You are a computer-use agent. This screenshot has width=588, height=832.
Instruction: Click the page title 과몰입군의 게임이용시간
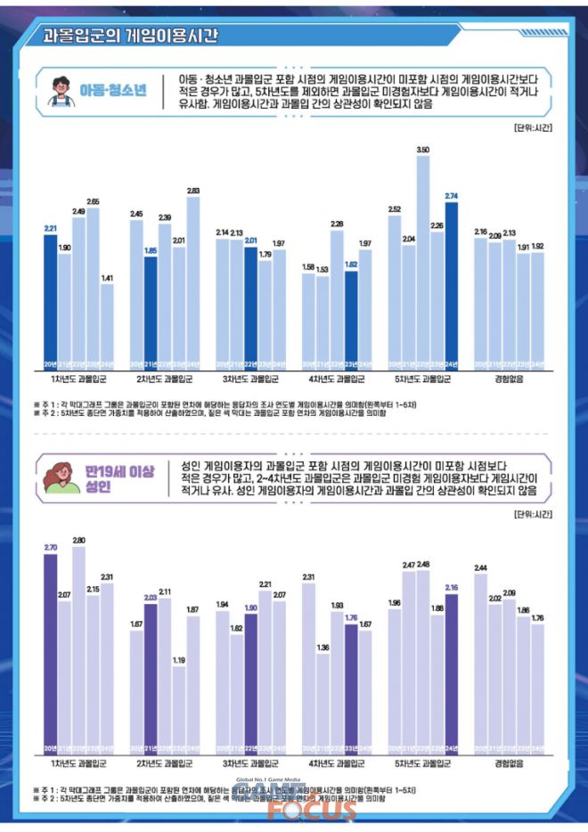130,36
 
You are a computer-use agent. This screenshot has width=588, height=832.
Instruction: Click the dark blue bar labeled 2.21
51,298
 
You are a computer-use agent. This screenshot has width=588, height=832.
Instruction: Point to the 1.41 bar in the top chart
108,325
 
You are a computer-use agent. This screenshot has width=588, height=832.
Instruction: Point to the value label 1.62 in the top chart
351,265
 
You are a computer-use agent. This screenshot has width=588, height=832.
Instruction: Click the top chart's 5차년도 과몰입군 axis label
422,379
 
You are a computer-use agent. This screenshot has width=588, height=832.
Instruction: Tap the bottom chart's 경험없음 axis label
510,764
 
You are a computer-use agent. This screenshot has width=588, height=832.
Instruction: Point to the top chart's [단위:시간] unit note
533,127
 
